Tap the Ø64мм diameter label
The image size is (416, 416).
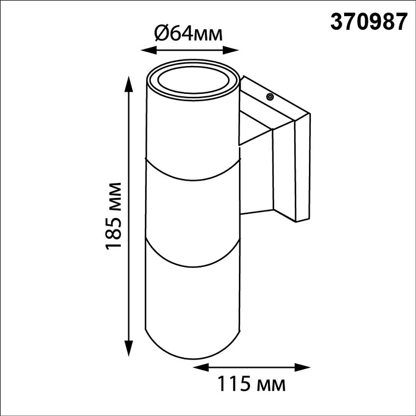pyautogui.click(x=189, y=34)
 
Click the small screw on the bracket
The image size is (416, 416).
pyautogui.click(x=270, y=96)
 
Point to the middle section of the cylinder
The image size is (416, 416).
pyautogui.click(x=193, y=214)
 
